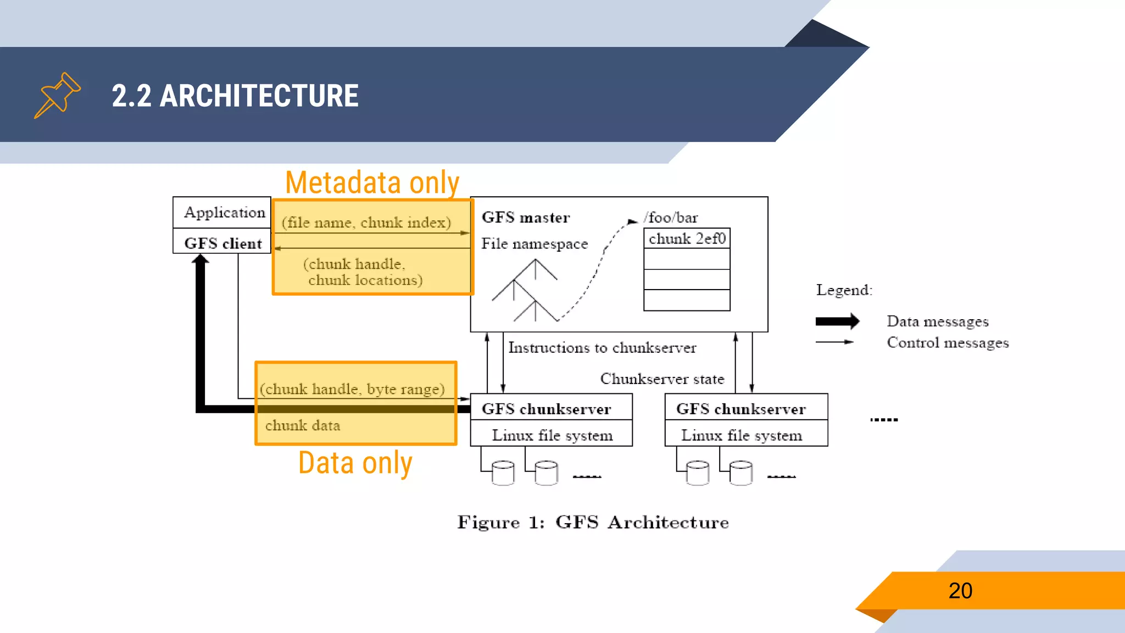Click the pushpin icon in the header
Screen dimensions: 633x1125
coord(57,95)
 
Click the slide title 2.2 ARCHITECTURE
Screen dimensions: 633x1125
coord(235,96)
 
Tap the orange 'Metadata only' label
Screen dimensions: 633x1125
coord(372,182)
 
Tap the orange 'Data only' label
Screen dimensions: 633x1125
coord(355,463)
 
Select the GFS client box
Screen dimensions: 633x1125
coord(222,243)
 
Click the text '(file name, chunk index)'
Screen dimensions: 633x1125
coord(366,223)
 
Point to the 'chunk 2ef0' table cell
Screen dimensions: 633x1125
coord(687,238)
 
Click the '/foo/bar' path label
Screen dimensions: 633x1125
coord(671,218)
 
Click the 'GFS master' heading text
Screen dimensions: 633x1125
coord(526,218)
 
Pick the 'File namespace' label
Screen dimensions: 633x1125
coord(534,243)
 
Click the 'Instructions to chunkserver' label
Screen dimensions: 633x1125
coord(602,348)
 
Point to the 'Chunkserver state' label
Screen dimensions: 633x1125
coord(662,379)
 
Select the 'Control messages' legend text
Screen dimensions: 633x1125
coord(948,343)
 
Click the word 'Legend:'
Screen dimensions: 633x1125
coord(844,290)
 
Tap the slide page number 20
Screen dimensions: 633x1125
coord(960,591)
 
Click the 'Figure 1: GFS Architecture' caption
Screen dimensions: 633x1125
coord(593,522)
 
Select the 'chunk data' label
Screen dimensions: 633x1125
coord(303,425)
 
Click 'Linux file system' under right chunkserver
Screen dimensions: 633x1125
coord(742,435)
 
